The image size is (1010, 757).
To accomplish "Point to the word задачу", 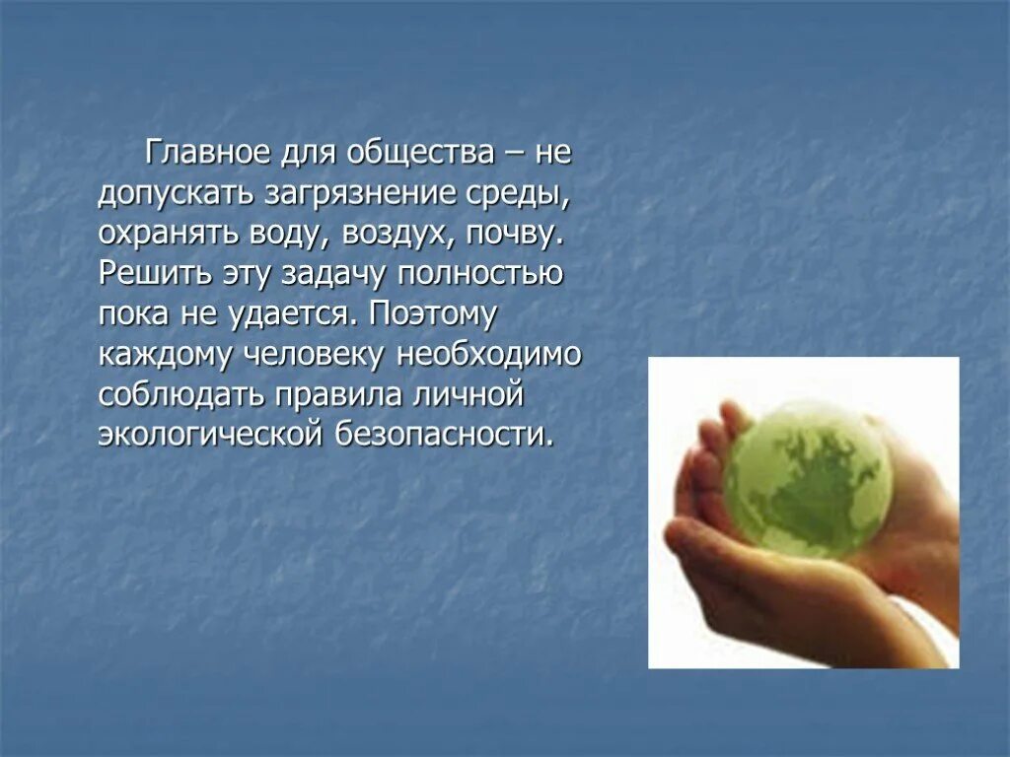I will (340, 274).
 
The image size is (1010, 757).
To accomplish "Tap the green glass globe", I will (807, 480).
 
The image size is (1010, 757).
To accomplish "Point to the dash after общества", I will (519, 155).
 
